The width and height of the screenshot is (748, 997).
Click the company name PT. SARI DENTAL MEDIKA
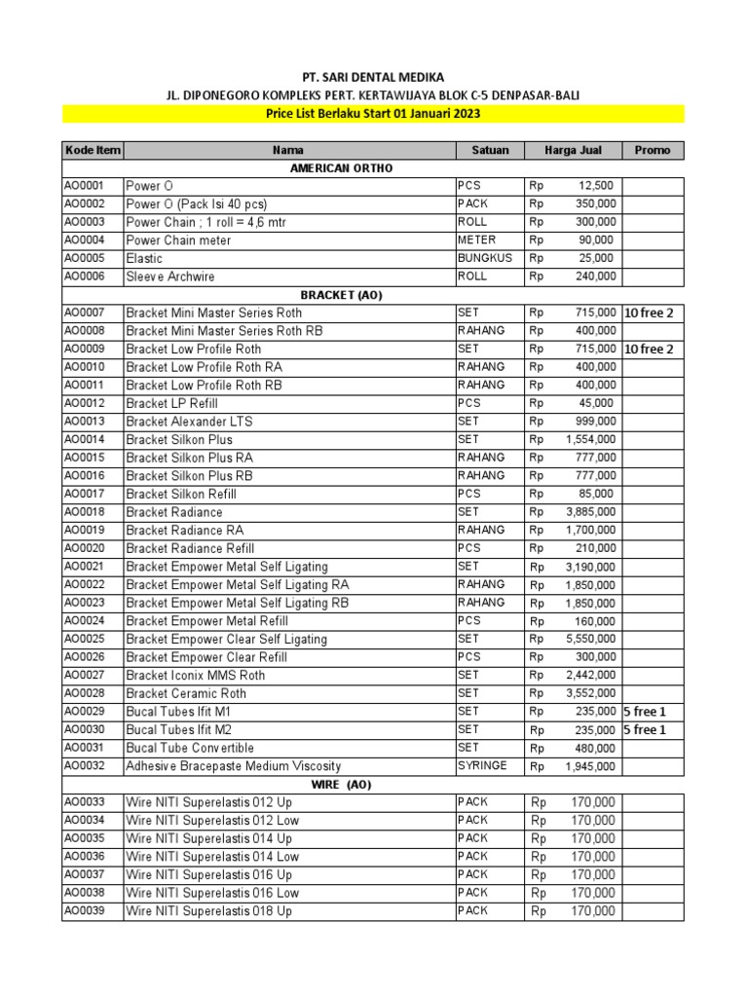(x=374, y=77)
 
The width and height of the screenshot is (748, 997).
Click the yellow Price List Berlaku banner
(x=374, y=114)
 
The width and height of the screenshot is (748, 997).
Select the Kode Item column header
(x=93, y=150)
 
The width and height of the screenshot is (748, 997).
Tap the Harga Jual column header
(x=573, y=150)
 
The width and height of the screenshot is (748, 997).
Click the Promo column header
(x=653, y=150)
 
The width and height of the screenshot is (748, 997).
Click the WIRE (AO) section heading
(x=341, y=784)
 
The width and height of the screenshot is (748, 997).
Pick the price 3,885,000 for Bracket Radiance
(x=590, y=512)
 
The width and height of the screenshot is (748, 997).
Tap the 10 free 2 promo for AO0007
(x=649, y=313)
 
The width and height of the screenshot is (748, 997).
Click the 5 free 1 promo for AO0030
(x=645, y=730)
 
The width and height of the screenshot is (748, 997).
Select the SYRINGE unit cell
(x=482, y=765)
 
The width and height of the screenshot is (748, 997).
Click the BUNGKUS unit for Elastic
(x=484, y=258)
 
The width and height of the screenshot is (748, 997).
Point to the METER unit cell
(x=476, y=240)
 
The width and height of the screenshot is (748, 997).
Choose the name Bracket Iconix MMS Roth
(x=195, y=675)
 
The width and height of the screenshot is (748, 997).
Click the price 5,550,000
(x=590, y=639)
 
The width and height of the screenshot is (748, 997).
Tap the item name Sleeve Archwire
(x=170, y=277)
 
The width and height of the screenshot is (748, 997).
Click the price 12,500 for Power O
(x=595, y=185)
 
